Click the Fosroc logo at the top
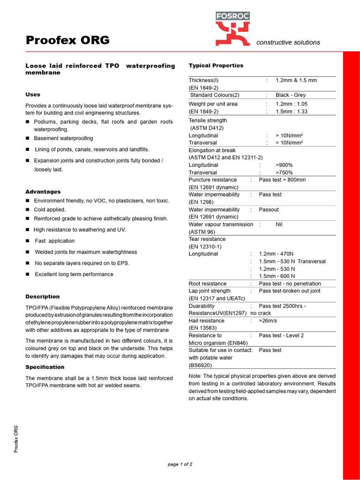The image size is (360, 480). (232, 29)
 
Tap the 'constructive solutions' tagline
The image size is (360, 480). (288, 43)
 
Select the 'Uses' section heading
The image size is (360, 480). (33, 95)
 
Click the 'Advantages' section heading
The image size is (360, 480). (43, 192)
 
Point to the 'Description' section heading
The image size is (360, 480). (42, 297)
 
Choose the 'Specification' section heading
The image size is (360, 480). (45, 367)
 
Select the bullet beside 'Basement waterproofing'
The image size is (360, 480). (28, 138)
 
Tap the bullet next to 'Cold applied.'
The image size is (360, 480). (28, 210)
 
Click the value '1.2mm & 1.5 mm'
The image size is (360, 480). (296, 81)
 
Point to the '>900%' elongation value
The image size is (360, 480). (285, 165)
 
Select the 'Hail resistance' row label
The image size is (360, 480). (206, 321)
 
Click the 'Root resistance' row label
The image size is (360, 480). (207, 284)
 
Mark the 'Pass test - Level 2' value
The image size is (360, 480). (281, 336)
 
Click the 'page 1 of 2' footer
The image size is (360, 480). (180, 465)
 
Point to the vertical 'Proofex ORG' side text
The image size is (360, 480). (16, 439)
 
